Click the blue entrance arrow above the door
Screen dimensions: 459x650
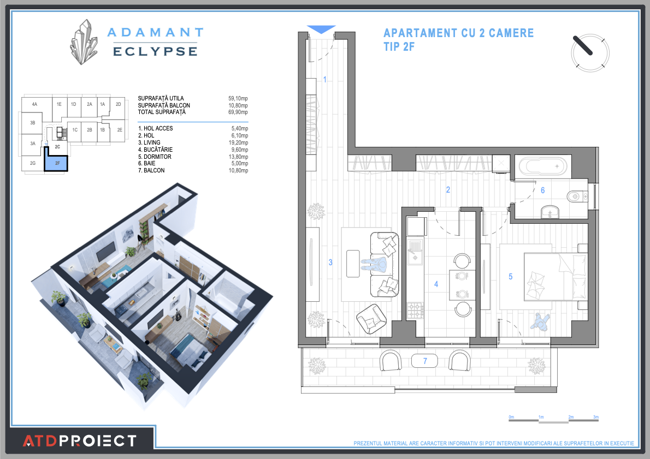321,29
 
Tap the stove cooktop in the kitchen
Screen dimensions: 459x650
416,311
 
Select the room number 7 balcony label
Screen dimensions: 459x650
425,361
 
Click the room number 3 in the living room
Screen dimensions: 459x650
330,263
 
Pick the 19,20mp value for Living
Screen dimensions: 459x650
238,142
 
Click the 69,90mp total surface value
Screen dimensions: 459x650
238,112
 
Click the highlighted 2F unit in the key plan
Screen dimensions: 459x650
56,163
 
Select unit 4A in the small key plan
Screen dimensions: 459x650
34,104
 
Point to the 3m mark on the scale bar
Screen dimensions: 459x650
596,418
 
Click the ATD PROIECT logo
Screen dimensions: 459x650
80,440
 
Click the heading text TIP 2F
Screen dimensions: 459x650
399,47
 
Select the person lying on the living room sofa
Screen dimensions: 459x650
374,265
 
